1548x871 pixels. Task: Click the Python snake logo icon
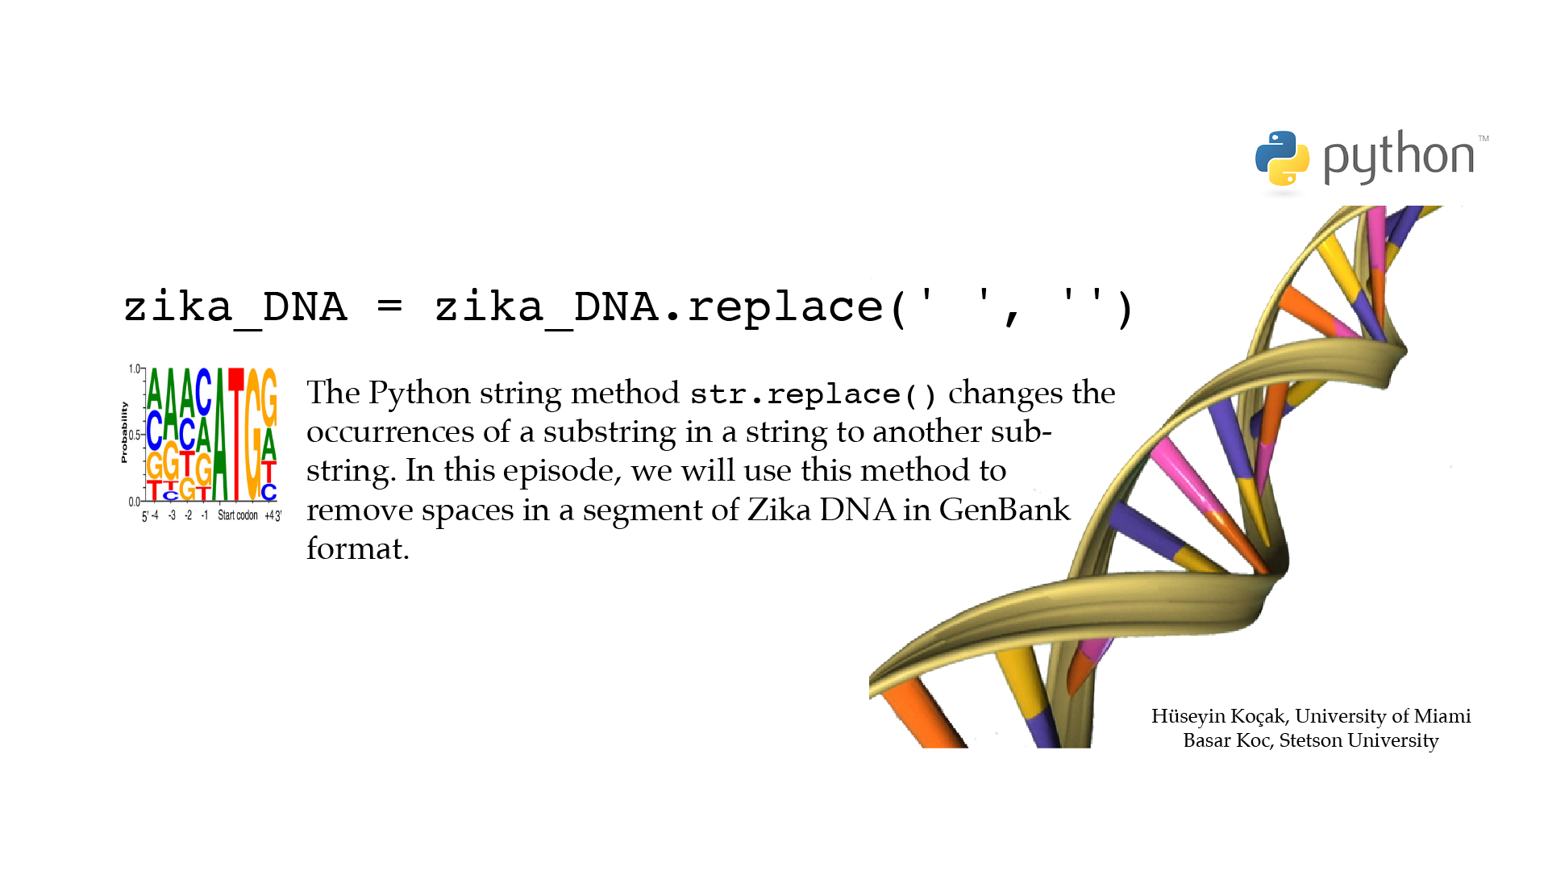tap(1282, 158)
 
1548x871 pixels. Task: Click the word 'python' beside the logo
tap(1399, 156)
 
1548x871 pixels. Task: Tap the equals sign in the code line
tap(389, 306)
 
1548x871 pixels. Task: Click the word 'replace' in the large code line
tap(785, 306)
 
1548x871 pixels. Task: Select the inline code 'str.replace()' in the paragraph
tap(813, 394)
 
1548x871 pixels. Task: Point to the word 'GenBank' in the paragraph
tap(1005, 510)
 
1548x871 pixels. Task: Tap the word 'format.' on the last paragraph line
tap(358, 548)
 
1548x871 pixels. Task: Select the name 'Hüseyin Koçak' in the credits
tap(1217, 716)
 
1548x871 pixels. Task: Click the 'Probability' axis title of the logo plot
tap(124, 432)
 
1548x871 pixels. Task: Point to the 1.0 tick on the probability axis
tap(135, 369)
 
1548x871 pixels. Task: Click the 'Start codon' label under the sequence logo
tap(238, 515)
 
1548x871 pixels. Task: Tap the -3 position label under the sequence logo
tap(172, 515)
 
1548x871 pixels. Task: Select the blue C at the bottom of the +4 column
tap(268, 491)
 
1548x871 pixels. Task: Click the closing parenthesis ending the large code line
tap(1126, 308)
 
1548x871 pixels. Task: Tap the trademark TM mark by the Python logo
tap(1483, 139)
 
